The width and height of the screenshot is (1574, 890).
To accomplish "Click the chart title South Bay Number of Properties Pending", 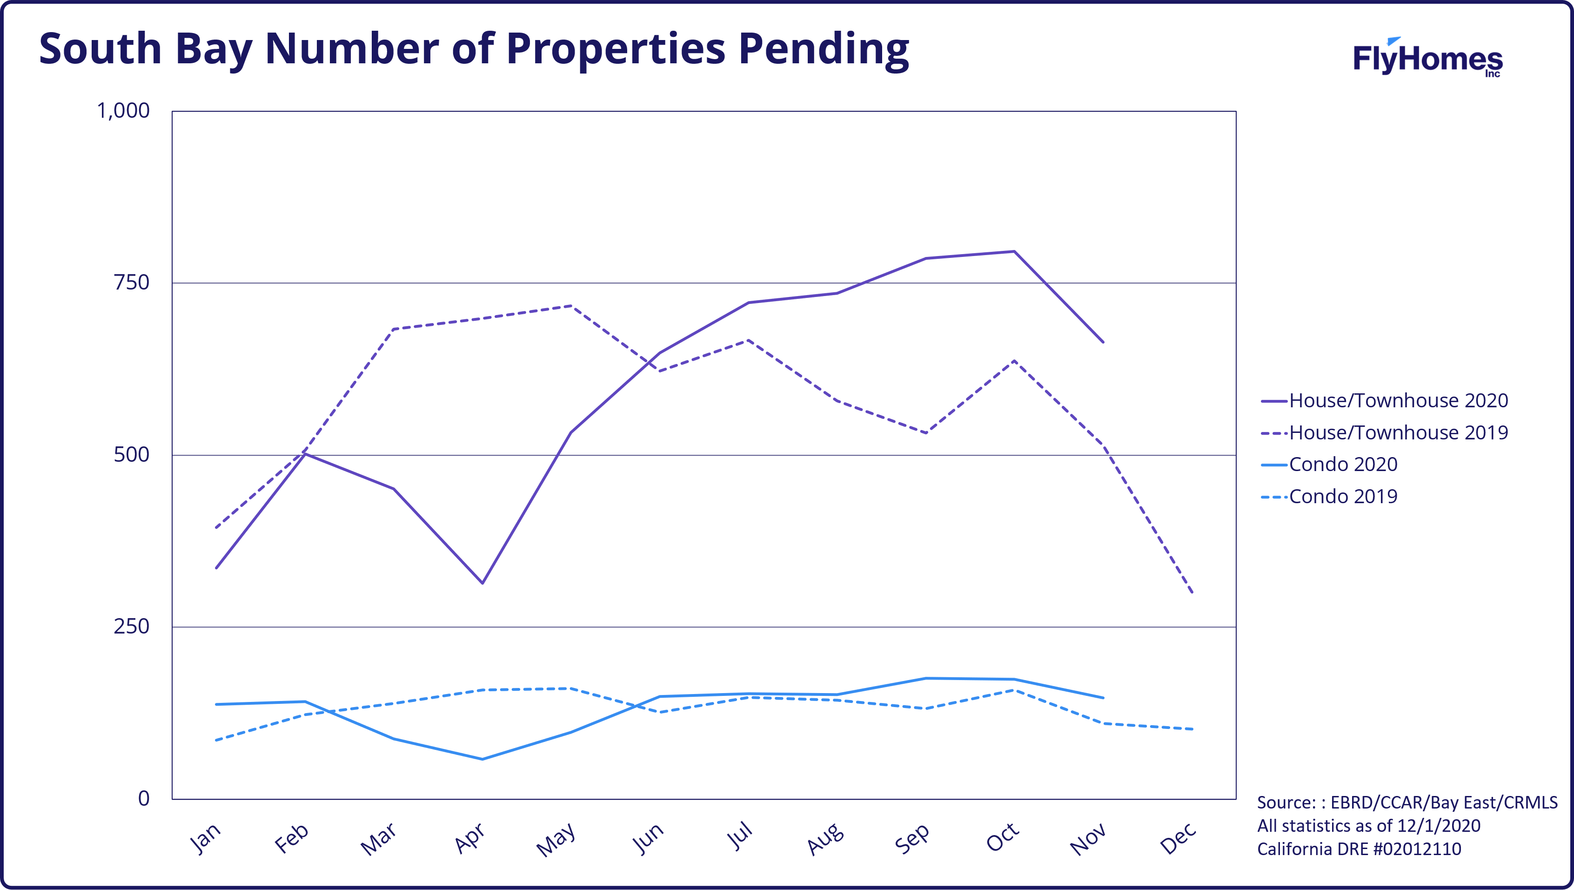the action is tap(474, 49).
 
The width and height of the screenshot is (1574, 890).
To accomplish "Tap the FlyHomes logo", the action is tap(1427, 57).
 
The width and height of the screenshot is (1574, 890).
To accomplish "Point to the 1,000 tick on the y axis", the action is tap(123, 111).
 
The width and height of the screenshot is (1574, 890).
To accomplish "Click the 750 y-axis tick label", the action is tap(131, 283).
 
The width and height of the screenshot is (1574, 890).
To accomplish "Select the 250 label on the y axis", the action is tap(131, 627).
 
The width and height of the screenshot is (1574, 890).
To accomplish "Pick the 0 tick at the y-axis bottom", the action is tap(144, 798).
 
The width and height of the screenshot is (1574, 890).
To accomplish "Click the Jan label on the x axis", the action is tap(205, 837).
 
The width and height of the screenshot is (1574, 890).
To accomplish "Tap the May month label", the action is tap(556, 839).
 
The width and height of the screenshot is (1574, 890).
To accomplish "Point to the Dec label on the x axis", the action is tap(1178, 837).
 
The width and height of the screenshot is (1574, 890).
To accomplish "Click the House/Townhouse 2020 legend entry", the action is tap(1385, 400).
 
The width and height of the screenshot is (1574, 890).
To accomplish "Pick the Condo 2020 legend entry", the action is tap(1329, 465).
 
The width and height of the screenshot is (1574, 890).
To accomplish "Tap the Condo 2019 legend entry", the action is tap(1329, 496).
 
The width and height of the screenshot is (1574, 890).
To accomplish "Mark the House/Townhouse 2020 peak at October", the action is tap(1014, 251).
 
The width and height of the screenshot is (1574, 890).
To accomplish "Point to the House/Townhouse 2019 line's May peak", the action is tap(571, 306).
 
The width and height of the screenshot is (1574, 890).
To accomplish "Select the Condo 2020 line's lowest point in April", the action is tap(482, 759).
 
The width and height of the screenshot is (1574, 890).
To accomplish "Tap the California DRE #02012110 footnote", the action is tap(1359, 849).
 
